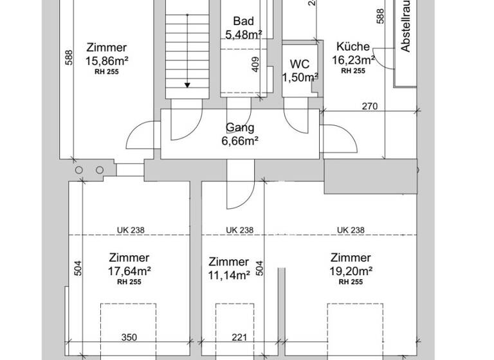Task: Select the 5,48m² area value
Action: [243, 33]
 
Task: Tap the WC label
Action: [300, 64]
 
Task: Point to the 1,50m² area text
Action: [300, 77]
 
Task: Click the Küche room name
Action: [353, 47]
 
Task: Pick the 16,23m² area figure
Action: [353, 60]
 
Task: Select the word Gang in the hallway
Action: [240, 127]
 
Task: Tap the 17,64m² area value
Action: [129, 271]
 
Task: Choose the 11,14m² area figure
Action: [229, 275]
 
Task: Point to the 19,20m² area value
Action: [351, 271]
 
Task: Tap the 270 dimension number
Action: [369, 106]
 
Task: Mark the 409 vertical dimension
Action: [255, 64]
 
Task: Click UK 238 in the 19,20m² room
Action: [351, 230]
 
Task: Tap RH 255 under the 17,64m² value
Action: [129, 282]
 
